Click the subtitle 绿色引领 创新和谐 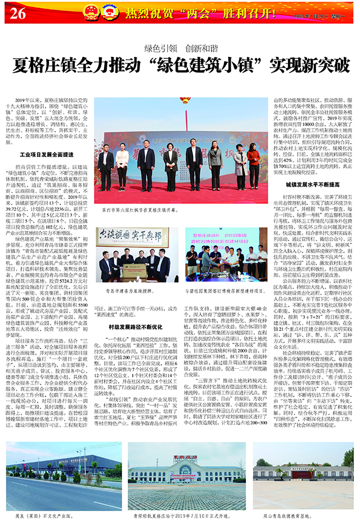coord(179,48)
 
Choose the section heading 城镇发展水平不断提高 coord(312,184)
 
